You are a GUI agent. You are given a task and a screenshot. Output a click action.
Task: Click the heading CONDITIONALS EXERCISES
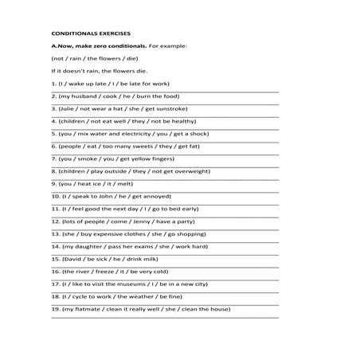(88, 35)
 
